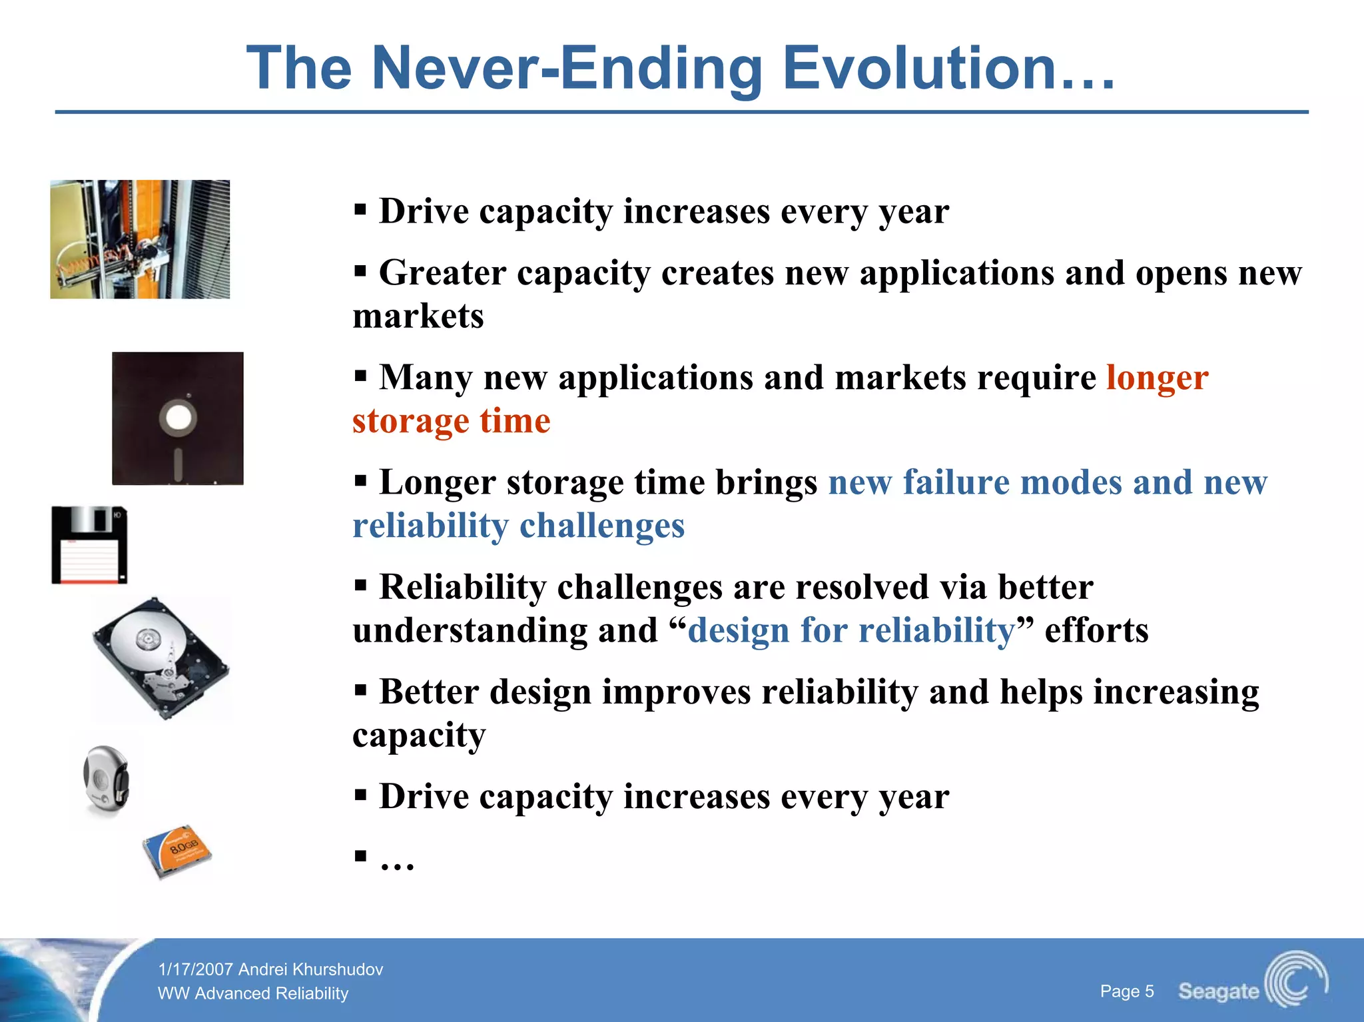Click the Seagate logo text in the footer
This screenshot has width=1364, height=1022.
pyautogui.click(x=1218, y=991)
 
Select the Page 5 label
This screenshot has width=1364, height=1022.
pyautogui.click(x=1126, y=991)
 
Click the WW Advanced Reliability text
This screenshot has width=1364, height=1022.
pyautogui.click(x=253, y=993)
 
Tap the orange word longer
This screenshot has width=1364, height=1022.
pyautogui.click(x=1157, y=378)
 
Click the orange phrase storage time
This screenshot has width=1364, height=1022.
pyautogui.click(x=452, y=421)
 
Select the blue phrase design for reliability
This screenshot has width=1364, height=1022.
pyautogui.click(x=851, y=630)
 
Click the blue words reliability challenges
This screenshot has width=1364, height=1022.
pyautogui.click(x=518, y=526)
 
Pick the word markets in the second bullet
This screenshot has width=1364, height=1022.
pyautogui.click(x=418, y=316)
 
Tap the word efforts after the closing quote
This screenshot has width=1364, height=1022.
pyautogui.click(x=1096, y=630)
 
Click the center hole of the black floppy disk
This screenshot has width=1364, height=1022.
pyautogui.click(x=178, y=418)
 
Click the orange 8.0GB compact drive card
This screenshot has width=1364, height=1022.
pyautogui.click(x=177, y=851)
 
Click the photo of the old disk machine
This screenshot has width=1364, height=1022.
pyautogui.click(x=140, y=239)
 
